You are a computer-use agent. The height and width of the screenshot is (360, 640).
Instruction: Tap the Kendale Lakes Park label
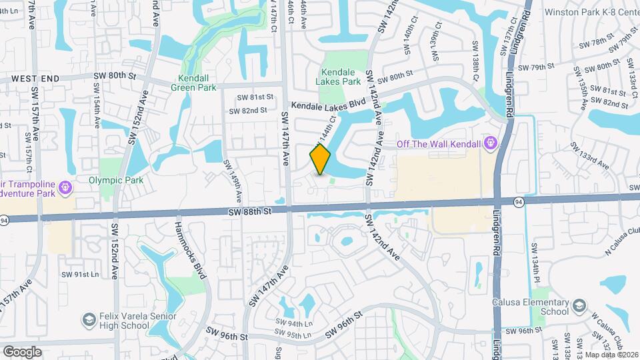point(341,77)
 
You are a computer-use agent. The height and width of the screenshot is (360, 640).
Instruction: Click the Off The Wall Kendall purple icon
point(491,142)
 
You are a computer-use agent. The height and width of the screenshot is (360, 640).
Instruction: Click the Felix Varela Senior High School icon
point(88,321)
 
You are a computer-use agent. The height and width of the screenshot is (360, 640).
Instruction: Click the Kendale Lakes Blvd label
point(329,104)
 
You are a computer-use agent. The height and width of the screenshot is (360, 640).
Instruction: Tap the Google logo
point(22,351)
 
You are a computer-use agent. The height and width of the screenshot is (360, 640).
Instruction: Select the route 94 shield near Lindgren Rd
point(519,200)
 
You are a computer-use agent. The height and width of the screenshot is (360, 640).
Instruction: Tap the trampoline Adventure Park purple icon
point(65,188)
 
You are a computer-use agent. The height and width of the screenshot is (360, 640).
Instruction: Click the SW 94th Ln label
point(294,323)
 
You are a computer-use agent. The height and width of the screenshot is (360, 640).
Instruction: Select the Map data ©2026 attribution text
point(611,354)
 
